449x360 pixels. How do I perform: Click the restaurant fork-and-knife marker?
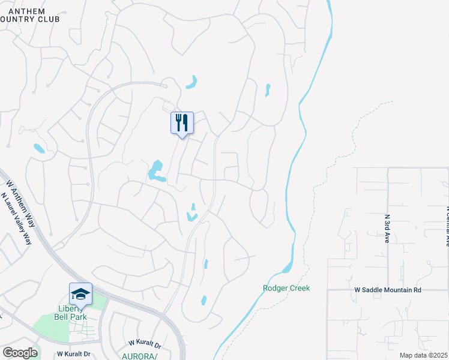click(182, 123)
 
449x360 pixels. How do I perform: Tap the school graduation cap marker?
click(80, 294)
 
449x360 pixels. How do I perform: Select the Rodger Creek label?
click(286, 288)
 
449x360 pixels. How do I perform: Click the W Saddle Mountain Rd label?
click(388, 290)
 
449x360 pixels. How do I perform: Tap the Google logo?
click(19, 353)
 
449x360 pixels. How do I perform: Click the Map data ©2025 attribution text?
click(424, 355)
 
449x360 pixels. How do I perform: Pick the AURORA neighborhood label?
click(139, 356)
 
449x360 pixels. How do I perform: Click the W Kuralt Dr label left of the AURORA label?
click(145, 343)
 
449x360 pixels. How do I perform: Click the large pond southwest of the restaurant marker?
click(157, 171)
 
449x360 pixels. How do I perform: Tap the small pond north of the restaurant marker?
click(192, 82)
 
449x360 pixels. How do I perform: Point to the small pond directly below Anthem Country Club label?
click(38, 148)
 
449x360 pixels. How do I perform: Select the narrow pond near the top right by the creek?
click(268, 90)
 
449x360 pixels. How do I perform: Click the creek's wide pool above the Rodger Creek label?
click(288, 266)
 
